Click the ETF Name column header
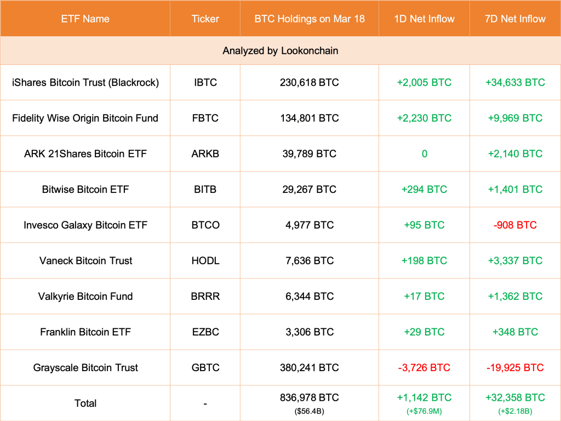click(85, 19)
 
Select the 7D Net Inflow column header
click(515, 19)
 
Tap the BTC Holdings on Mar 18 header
click(309, 19)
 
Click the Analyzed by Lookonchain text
click(280, 50)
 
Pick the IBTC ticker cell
click(205, 82)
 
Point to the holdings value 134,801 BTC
click(309, 118)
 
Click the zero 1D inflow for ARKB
click(424, 153)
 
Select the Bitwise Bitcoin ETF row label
click(85, 189)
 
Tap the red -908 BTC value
click(515, 225)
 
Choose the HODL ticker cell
click(205, 260)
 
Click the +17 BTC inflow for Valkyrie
click(424, 296)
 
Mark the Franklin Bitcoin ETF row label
click(85, 332)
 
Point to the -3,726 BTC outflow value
click(424, 367)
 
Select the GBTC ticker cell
click(205, 367)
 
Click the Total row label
click(85, 403)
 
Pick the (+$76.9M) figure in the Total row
click(424, 411)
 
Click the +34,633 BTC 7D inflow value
click(515, 82)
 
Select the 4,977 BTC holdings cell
click(309, 225)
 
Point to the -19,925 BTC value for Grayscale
click(515, 367)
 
